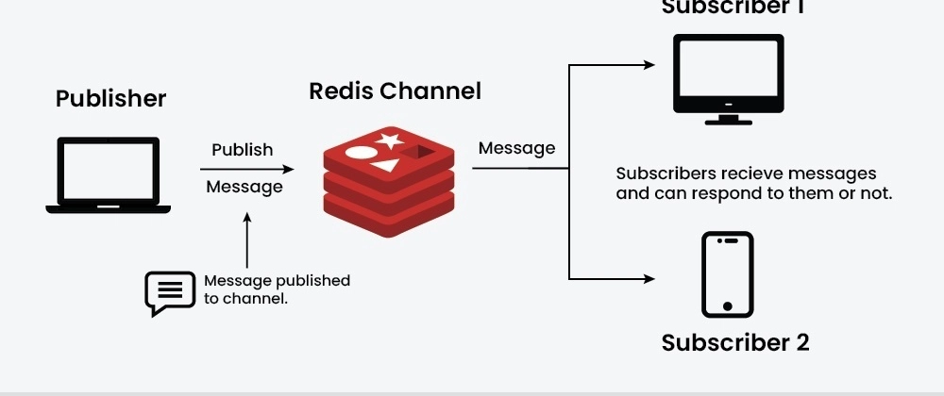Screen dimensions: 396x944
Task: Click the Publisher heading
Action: [x=110, y=98]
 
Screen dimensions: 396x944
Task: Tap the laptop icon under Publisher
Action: [x=109, y=176]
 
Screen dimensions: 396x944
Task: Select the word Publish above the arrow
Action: [x=242, y=150]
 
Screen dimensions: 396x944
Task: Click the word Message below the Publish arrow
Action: [x=244, y=187]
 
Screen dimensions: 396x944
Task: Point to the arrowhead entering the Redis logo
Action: [x=288, y=170]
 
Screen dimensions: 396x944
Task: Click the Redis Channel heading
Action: [x=395, y=91]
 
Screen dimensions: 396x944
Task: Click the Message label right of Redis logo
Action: [x=516, y=148]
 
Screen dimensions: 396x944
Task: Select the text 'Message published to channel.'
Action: [x=277, y=289]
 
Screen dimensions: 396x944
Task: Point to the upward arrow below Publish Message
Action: [x=247, y=241]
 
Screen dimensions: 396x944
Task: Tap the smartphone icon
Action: [x=727, y=274]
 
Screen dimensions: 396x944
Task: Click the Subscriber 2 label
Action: [x=734, y=342]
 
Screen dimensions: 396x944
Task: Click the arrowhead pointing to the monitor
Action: [x=649, y=65]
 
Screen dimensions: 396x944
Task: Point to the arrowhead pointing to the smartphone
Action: [x=649, y=279]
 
